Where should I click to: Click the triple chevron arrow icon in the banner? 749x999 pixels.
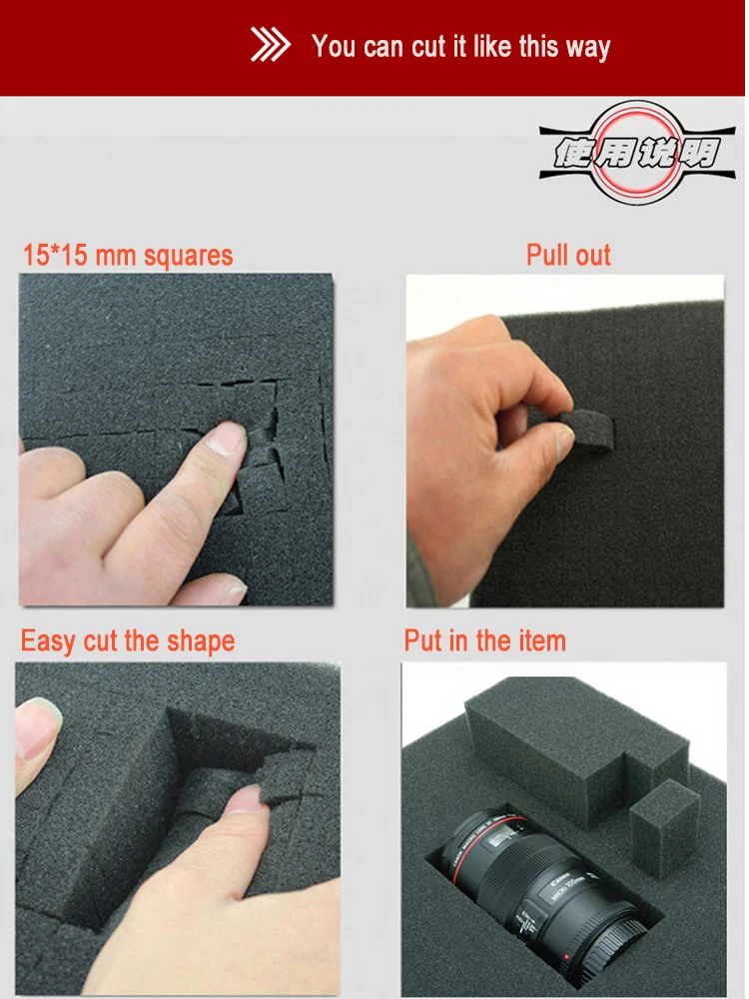270,46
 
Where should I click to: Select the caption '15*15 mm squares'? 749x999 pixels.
128,255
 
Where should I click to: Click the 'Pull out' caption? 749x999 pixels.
568,255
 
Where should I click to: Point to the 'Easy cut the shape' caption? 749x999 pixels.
128,640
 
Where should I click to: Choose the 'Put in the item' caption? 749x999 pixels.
485,640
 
